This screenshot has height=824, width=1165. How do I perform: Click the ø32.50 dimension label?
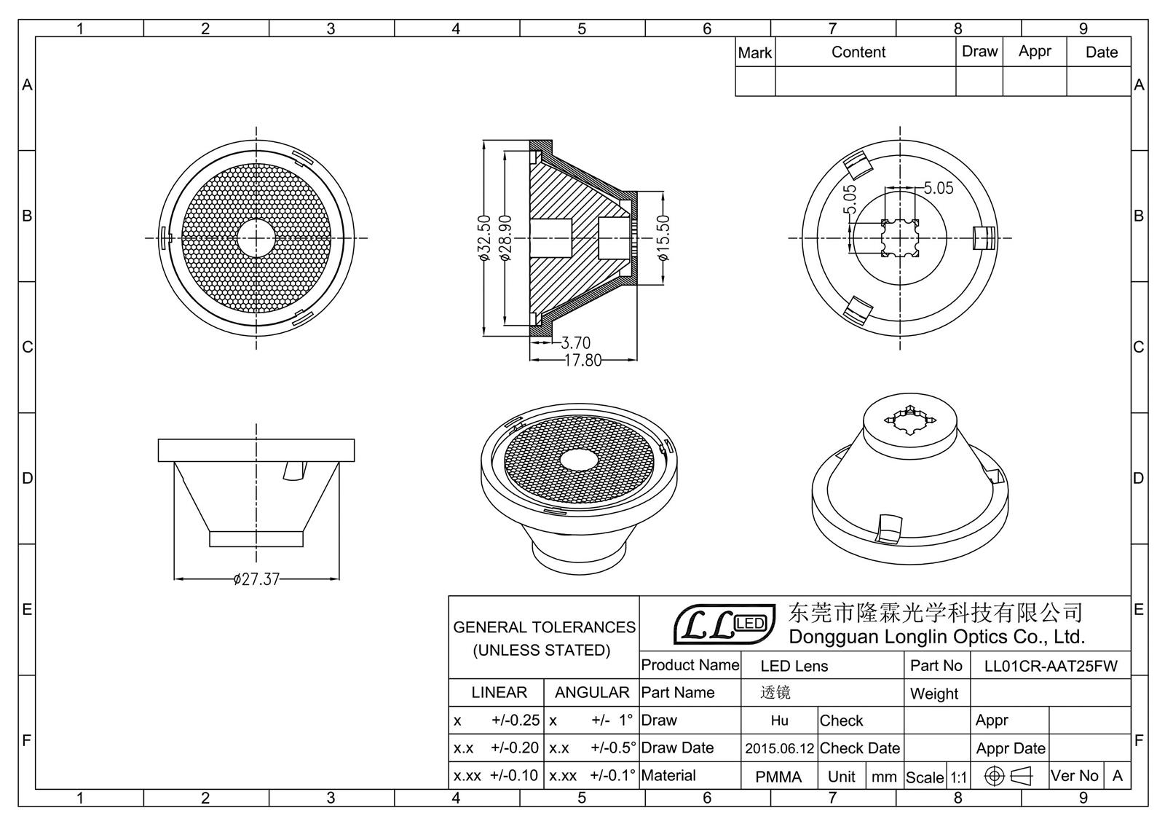coord(483,238)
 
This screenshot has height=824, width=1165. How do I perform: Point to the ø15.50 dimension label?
coord(663,238)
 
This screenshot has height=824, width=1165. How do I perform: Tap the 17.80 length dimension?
coord(583,361)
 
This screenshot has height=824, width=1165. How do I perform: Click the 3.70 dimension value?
coord(575,342)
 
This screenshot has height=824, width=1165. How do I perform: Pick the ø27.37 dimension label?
coord(256,580)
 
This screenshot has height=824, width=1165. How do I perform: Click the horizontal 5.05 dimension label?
coord(939,188)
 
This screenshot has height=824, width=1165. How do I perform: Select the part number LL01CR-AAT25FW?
coord(1050,666)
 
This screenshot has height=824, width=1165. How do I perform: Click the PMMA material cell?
coord(778,777)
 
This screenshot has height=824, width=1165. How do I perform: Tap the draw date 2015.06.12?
coord(779,748)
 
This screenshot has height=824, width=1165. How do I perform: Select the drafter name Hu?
coord(779,721)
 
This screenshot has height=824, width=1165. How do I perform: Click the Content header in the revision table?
coord(858,52)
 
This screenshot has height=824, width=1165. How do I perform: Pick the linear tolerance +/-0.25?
coord(516,721)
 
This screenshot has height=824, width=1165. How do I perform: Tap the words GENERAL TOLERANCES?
coord(544,627)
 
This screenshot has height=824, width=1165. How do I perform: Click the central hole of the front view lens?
coord(256,238)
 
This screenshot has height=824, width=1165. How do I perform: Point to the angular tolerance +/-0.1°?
coord(612,776)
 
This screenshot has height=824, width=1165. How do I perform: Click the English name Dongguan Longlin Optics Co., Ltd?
coord(936,637)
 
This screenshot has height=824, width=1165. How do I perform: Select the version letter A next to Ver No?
coord(1117,776)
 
